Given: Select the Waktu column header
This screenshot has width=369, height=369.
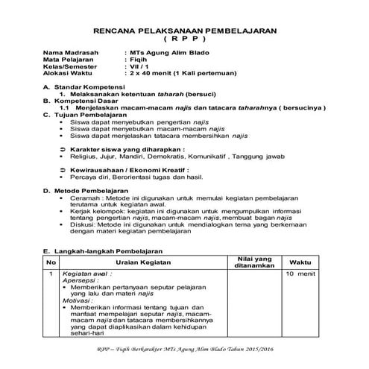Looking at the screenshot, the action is pos(300,262).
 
